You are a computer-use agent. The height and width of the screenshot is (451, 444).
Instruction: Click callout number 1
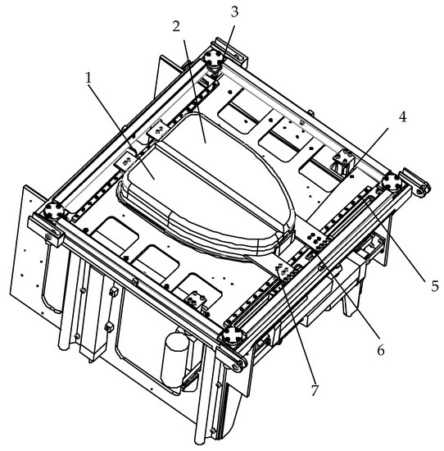88,78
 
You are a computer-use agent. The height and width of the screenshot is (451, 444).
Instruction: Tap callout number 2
176,26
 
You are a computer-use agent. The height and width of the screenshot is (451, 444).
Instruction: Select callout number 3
234,11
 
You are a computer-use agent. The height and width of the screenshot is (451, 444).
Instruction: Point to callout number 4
402,117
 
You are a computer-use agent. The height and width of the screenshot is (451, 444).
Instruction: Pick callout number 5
434,286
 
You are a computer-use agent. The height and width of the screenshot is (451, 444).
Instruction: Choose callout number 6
381,350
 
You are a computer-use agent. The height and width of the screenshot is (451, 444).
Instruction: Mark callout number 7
315,390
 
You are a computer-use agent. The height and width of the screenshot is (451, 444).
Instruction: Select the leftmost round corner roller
53,211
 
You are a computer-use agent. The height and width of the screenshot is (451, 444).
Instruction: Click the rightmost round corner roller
392,182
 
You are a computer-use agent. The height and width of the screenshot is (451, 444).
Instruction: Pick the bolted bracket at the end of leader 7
285,271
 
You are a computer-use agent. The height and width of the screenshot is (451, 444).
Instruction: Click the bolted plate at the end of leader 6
315,239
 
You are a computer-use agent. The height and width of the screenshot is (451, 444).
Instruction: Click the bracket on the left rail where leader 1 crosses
125,161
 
